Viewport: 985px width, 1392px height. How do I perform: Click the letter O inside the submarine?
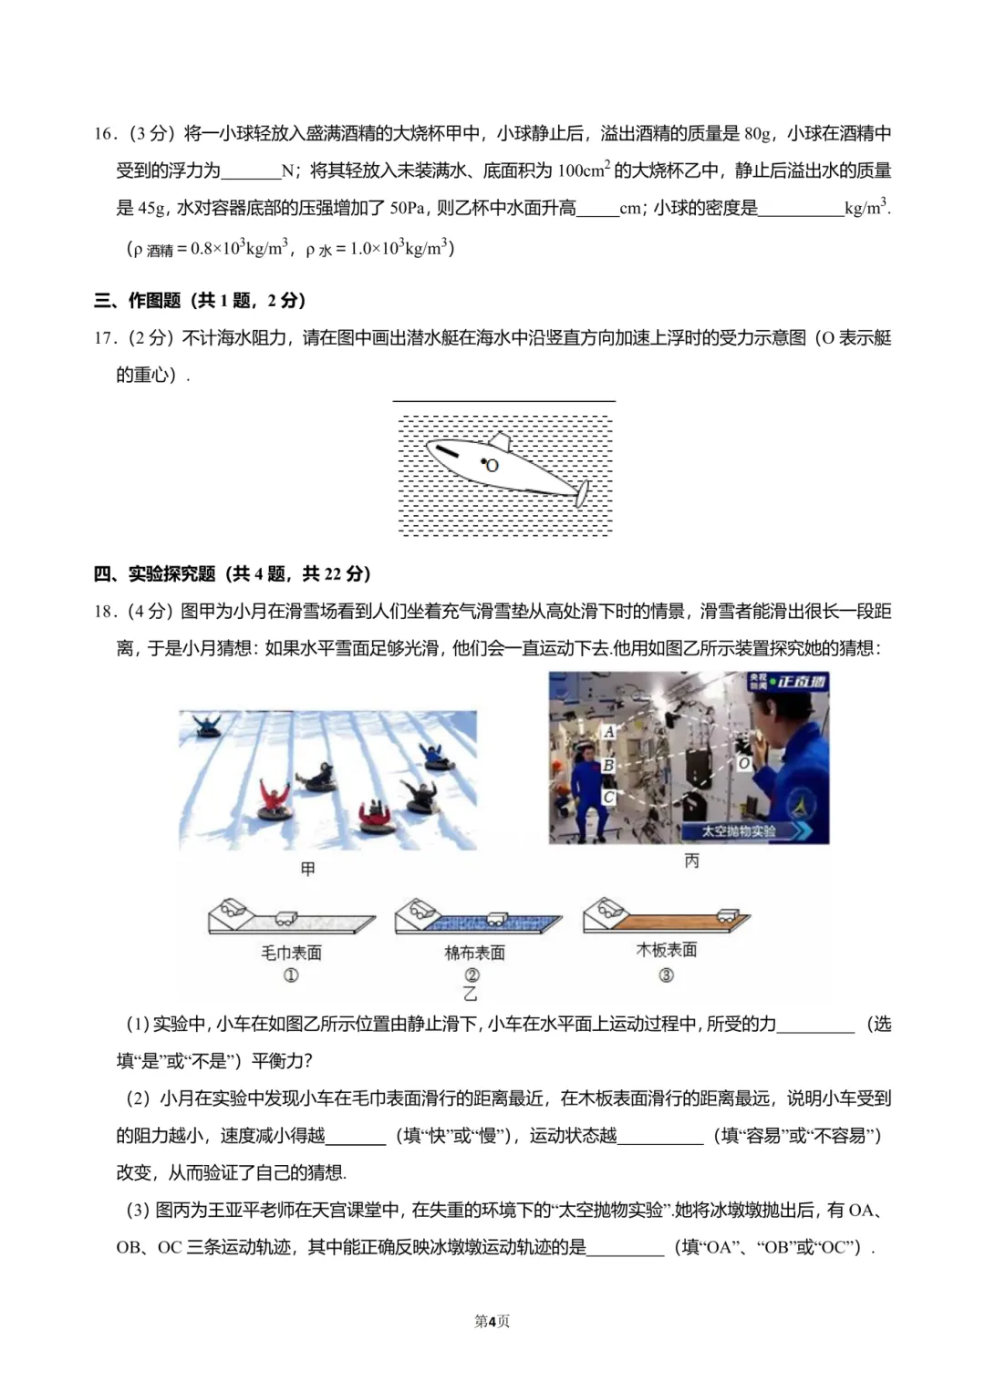tap(493, 466)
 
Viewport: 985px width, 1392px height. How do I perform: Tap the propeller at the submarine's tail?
tap(581, 493)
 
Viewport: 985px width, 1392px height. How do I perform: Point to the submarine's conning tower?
tap(499, 441)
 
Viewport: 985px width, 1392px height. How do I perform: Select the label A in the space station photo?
tap(609, 731)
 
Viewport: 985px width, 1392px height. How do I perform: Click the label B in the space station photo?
tap(608, 765)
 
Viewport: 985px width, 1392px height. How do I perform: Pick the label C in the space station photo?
tap(609, 797)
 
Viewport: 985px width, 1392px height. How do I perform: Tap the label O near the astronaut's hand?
tap(743, 763)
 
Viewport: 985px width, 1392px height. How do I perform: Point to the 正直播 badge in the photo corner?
tap(790, 682)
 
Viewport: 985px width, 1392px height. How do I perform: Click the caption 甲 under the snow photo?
tap(308, 869)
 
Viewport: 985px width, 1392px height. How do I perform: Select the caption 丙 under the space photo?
tap(691, 861)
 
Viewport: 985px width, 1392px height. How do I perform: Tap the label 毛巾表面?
tap(291, 953)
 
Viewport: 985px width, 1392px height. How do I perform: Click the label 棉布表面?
tap(474, 953)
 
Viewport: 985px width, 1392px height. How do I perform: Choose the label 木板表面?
tap(666, 950)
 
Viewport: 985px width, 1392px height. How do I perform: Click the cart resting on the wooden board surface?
tap(727, 913)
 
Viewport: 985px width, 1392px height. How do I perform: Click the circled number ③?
tap(666, 975)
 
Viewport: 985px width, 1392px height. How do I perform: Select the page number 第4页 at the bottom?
tap(492, 1321)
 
